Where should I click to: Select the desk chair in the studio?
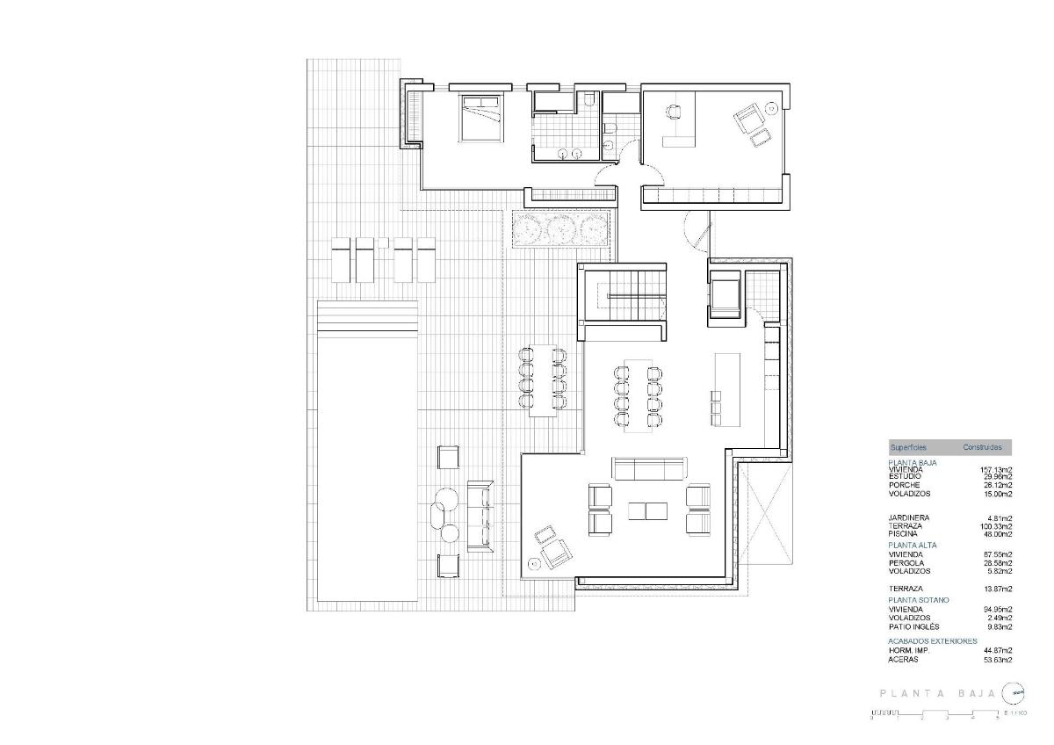click(674, 112)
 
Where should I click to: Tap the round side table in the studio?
click(771, 107)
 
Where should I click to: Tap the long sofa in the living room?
click(649, 468)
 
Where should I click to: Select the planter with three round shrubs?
click(562, 230)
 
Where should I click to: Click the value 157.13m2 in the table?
click(996, 469)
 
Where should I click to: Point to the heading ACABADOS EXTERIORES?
click(932, 641)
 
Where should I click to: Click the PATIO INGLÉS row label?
click(913, 626)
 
